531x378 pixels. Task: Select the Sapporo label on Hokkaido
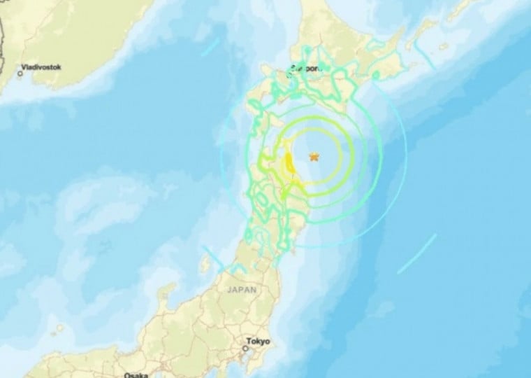pos(308,69)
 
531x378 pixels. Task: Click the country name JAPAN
pos(241,288)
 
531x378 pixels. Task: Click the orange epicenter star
pos(314,156)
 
